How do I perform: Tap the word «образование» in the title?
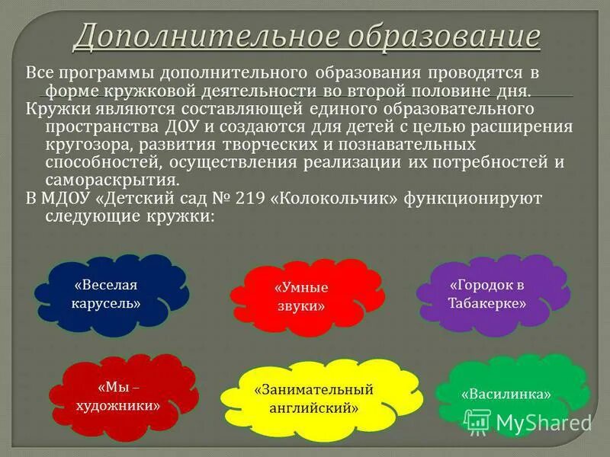(432, 35)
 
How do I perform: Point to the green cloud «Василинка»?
(506, 395)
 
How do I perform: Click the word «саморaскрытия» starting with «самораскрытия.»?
(112, 181)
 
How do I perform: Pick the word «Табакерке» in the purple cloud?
(488, 302)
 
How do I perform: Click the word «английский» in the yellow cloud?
(313, 407)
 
